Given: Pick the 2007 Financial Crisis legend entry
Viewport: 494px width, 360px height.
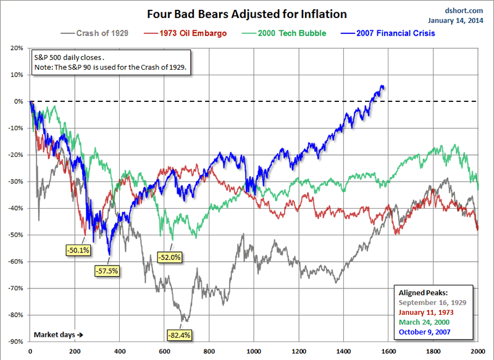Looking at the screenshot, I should tap(396, 33).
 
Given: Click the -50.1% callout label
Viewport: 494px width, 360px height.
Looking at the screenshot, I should tap(78, 249).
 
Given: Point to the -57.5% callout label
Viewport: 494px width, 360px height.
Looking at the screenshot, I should tap(107, 270).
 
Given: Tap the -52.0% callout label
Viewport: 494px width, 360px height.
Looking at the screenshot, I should tap(169, 257).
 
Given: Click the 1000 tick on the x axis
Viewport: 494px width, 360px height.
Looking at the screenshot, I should tap(254, 351).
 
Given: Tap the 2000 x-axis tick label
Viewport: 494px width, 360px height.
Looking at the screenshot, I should tap(477, 351).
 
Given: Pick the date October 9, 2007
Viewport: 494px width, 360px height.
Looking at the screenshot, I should tap(426, 332).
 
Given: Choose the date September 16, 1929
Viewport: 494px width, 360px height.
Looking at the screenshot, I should tap(432, 303).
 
